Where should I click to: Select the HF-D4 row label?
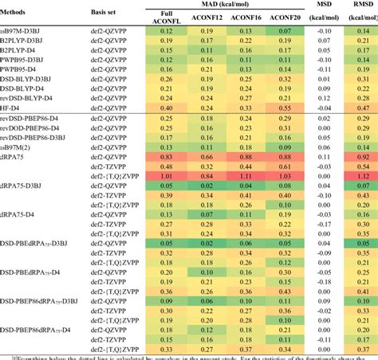pyautogui.click(x=17, y=108)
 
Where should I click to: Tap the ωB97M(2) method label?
pyautogui.click(x=21, y=147)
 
